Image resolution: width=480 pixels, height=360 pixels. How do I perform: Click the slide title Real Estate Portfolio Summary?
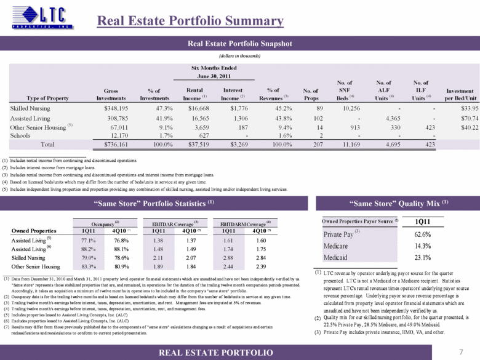(190, 21)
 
